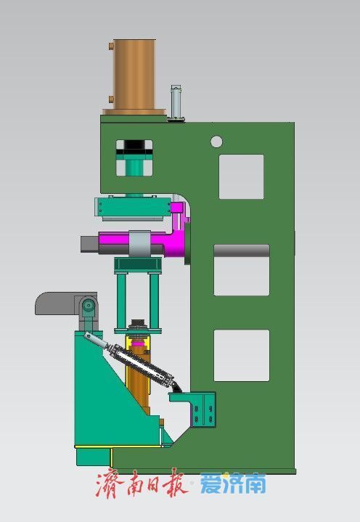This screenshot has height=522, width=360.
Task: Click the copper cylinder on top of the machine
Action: (134, 77)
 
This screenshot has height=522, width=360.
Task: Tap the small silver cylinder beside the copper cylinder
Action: (176, 103)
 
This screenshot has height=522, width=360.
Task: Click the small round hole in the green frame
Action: (216, 142)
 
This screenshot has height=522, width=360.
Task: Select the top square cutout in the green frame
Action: (241, 176)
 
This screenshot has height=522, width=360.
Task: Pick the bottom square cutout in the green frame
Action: (242, 355)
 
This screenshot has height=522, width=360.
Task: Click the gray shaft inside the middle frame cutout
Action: (242, 250)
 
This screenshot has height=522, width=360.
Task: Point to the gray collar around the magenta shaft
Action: (140, 243)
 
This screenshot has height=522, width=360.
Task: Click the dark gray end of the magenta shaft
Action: (90, 244)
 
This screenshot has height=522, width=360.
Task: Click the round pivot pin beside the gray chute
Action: (89, 305)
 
